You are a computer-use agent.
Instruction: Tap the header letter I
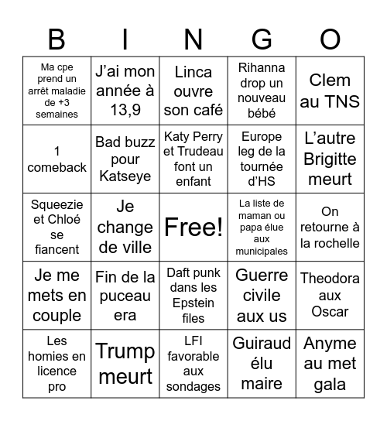125,38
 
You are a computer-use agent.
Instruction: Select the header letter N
193,38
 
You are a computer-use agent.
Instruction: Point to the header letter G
262,38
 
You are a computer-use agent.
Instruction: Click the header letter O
330,38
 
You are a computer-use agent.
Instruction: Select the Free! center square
193,227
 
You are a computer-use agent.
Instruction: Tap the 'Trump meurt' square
125,364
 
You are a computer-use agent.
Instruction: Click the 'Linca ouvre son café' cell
193,91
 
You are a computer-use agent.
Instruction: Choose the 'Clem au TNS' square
330,91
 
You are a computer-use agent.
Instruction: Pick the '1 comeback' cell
56,159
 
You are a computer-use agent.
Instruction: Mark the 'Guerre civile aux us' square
262,296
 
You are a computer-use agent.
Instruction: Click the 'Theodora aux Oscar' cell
330,296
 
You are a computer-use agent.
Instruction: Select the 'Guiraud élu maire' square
262,364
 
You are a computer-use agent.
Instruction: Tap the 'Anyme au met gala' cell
330,364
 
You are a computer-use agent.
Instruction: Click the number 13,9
125,110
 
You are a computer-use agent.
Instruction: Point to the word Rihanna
262,67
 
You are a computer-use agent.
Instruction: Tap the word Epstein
193,303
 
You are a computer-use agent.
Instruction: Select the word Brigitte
330,159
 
